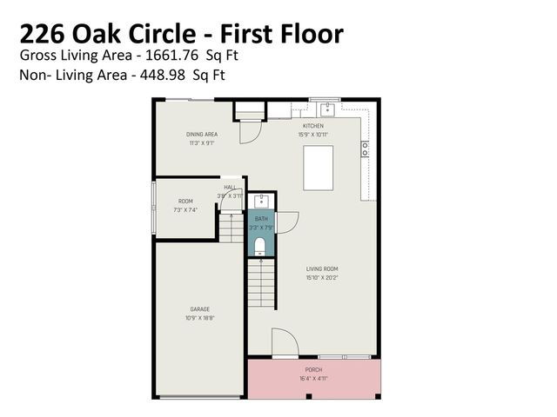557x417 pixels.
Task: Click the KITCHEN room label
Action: (312, 126)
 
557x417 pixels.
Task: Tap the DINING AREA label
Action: (201, 135)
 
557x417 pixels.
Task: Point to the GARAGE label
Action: (200, 309)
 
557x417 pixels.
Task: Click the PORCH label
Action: (313, 370)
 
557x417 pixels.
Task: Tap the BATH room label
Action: (261, 221)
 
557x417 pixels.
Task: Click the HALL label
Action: (230, 187)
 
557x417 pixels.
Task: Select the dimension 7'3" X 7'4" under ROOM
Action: (185, 209)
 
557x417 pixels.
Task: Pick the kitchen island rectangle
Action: (318, 168)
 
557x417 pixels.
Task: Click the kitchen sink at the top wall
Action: (327, 109)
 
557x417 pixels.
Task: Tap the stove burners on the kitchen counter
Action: (365, 149)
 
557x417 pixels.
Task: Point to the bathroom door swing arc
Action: (286, 222)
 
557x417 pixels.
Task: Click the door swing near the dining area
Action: (249, 132)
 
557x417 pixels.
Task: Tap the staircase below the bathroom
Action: (262, 284)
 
